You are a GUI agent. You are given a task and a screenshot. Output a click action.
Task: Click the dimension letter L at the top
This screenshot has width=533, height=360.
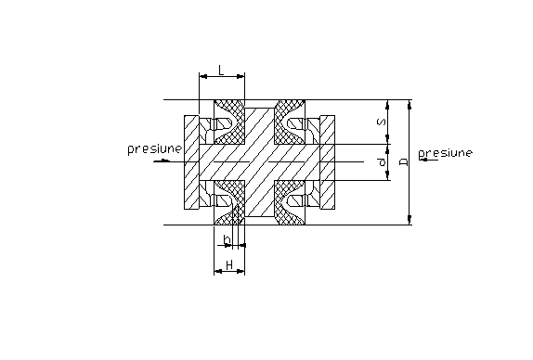(221, 71)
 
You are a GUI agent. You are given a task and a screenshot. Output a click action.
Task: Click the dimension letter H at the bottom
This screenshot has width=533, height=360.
(229, 264)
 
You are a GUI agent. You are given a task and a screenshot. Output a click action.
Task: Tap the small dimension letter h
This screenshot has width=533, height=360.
(227, 239)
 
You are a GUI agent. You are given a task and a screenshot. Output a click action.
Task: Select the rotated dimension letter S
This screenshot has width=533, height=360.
(382, 122)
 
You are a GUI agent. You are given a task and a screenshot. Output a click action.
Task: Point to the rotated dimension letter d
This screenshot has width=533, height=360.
(382, 162)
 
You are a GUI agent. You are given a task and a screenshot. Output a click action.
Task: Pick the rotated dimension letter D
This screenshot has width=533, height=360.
(404, 162)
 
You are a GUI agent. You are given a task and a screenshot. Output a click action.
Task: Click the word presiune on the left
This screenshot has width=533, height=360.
(155, 149)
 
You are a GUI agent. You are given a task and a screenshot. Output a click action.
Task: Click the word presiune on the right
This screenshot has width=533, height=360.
(446, 153)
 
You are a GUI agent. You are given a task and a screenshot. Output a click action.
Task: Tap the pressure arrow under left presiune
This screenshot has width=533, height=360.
(162, 161)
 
